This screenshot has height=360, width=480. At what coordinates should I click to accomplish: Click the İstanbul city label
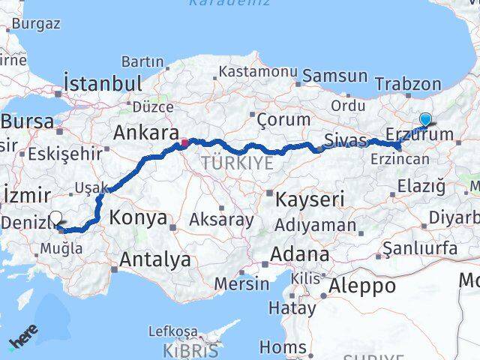(103, 82)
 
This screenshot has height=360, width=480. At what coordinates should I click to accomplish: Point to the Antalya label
(155, 259)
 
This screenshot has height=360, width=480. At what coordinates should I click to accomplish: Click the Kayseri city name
(309, 199)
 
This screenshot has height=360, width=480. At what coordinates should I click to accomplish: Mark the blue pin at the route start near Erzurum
(426, 119)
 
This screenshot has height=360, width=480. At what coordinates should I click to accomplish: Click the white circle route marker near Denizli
(55, 218)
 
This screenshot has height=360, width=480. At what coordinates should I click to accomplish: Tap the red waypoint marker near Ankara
(184, 140)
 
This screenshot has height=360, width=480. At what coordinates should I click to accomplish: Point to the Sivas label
(346, 140)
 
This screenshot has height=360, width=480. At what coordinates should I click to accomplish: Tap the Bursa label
(27, 121)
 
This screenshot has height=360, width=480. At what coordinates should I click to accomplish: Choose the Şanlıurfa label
(420, 248)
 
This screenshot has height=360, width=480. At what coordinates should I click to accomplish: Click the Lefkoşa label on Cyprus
(173, 331)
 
